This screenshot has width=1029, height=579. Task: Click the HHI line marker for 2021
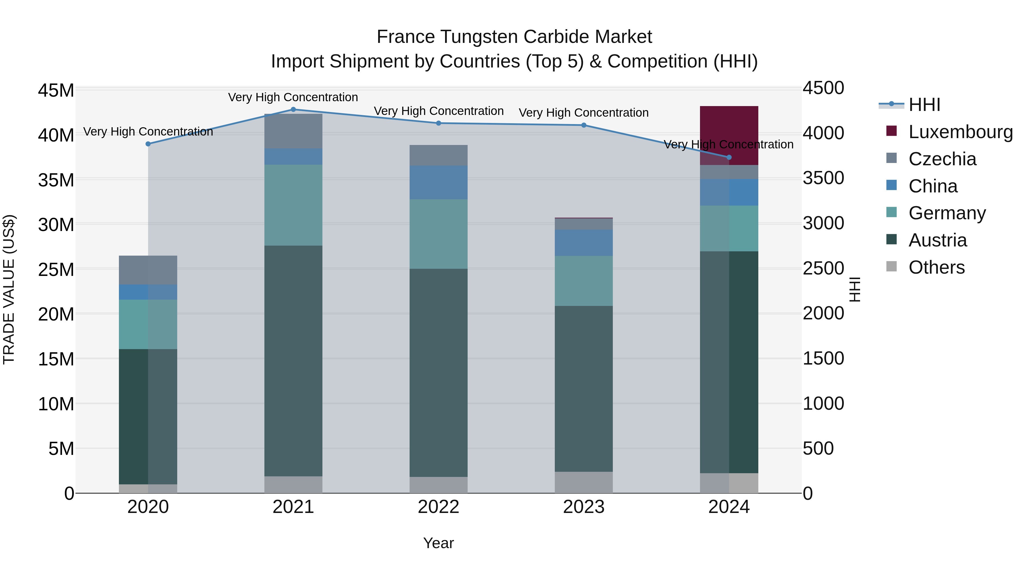pos(293,110)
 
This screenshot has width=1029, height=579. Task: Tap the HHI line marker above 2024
pos(729,158)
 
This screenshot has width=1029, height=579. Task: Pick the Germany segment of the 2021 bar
pos(293,205)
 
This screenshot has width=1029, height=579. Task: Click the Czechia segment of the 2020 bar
pos(148,270)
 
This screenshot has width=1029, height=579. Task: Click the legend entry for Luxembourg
pos(960,132)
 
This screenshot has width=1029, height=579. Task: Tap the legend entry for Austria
pos(937,240)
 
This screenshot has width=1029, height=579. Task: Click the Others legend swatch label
pos(936,267)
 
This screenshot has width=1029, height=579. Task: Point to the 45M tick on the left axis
pos(56,91)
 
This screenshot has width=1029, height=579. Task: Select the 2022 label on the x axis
pos(438,507)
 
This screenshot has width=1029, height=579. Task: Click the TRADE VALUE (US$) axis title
pos(9,289)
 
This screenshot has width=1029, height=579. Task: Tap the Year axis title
pos(438,543)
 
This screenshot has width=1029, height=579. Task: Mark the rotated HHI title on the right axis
pos(854,289)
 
